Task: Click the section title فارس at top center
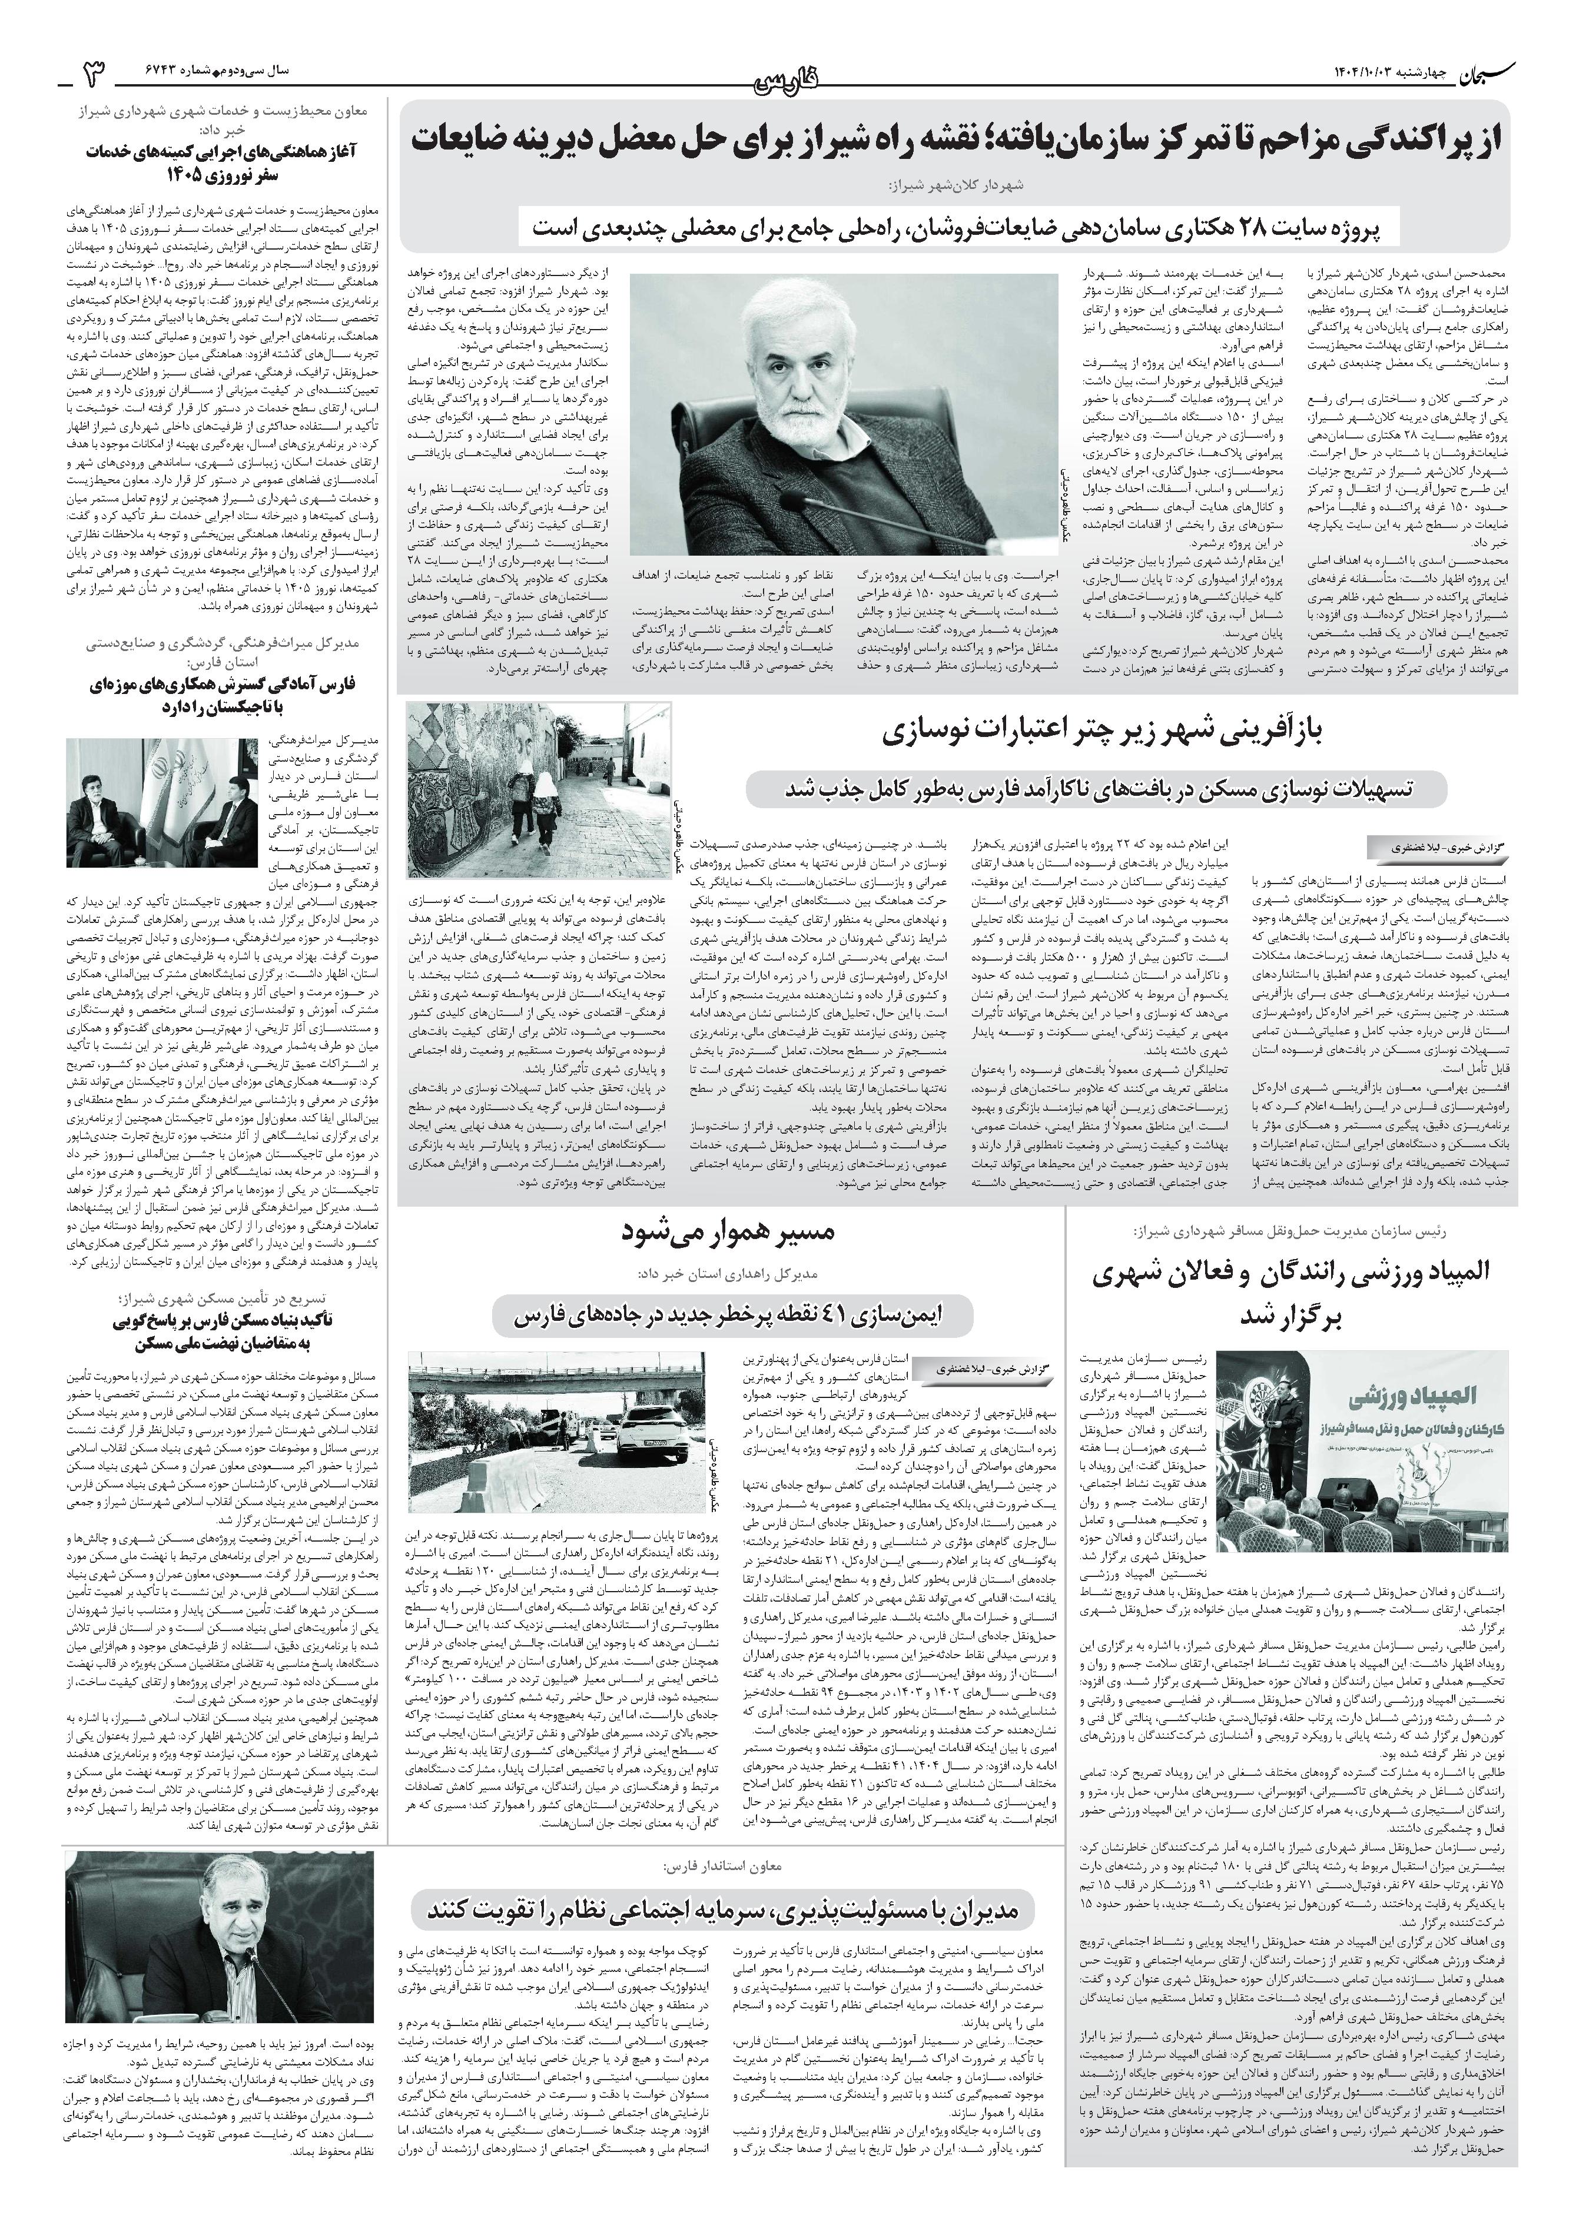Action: [x=787, y=81]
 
